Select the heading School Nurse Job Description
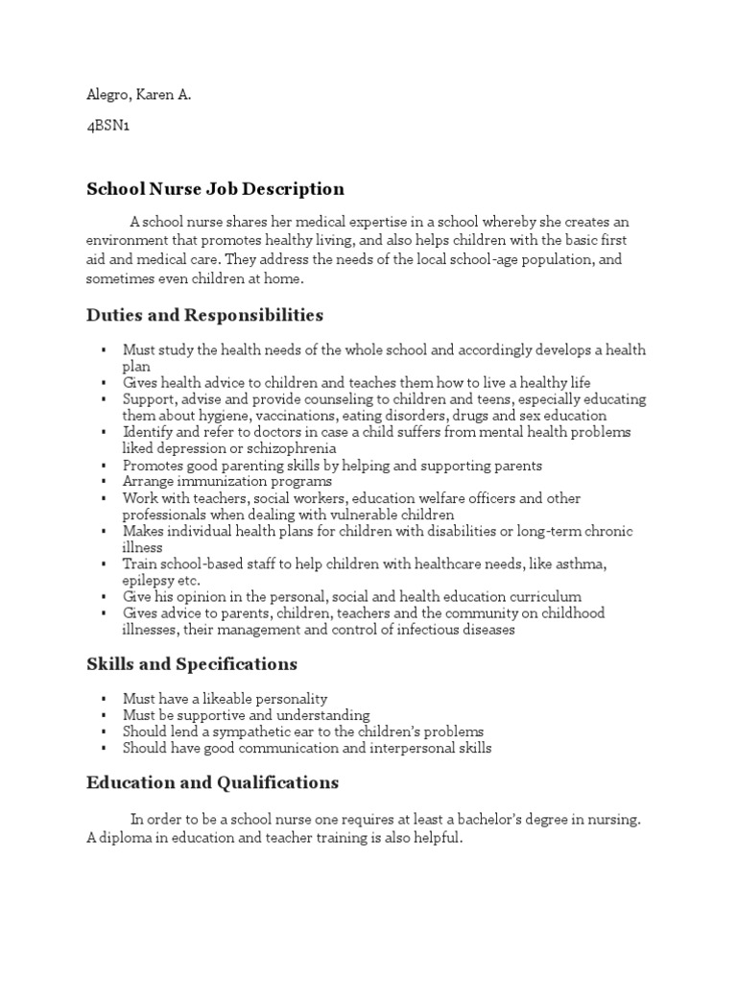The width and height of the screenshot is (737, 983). [215, 189]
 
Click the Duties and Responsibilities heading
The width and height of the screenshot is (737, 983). [204, 315]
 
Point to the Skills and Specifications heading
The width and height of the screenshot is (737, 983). [192, 664]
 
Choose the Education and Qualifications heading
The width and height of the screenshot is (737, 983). [212, 782]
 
